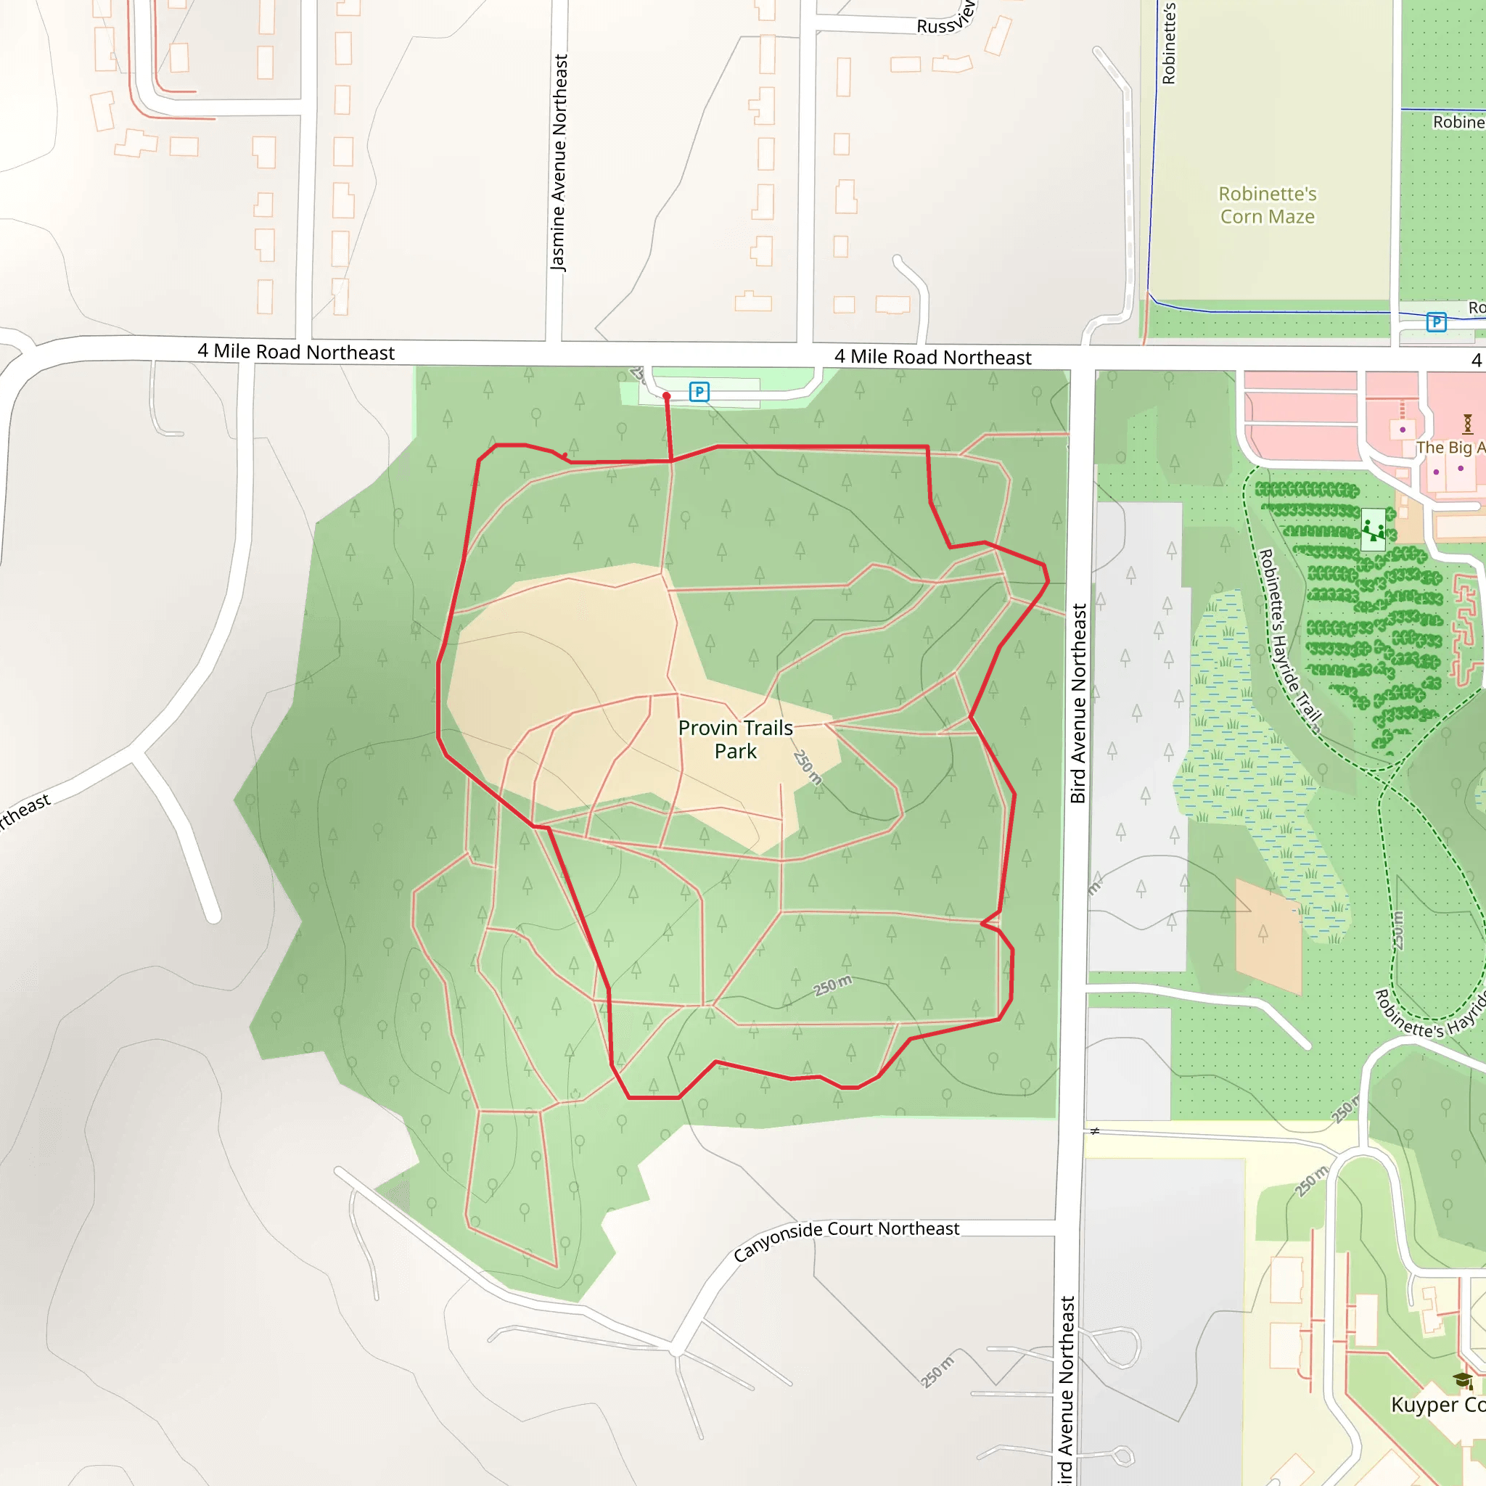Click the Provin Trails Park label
coord(734,739)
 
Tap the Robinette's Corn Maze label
coord(1267,205)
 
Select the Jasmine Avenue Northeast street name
coord(559,162)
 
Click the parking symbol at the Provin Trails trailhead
coord(699,392)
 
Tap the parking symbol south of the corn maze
coord(1436,321)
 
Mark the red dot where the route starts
coord(667,396)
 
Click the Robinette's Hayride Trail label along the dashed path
coord(1289,639)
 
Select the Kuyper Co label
coord(1437,1405)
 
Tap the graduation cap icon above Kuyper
coord(1462,1380)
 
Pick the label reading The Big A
coord(1450,447)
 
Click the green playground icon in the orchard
coord(1373,529)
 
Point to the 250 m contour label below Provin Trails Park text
coord(808,767)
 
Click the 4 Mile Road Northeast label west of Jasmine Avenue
coord(296,351)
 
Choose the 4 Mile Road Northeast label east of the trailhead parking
coord(932,357)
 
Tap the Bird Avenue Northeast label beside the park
coord(1078,703)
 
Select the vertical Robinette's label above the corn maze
coord(1168,42)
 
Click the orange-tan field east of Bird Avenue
coord(1268,935)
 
